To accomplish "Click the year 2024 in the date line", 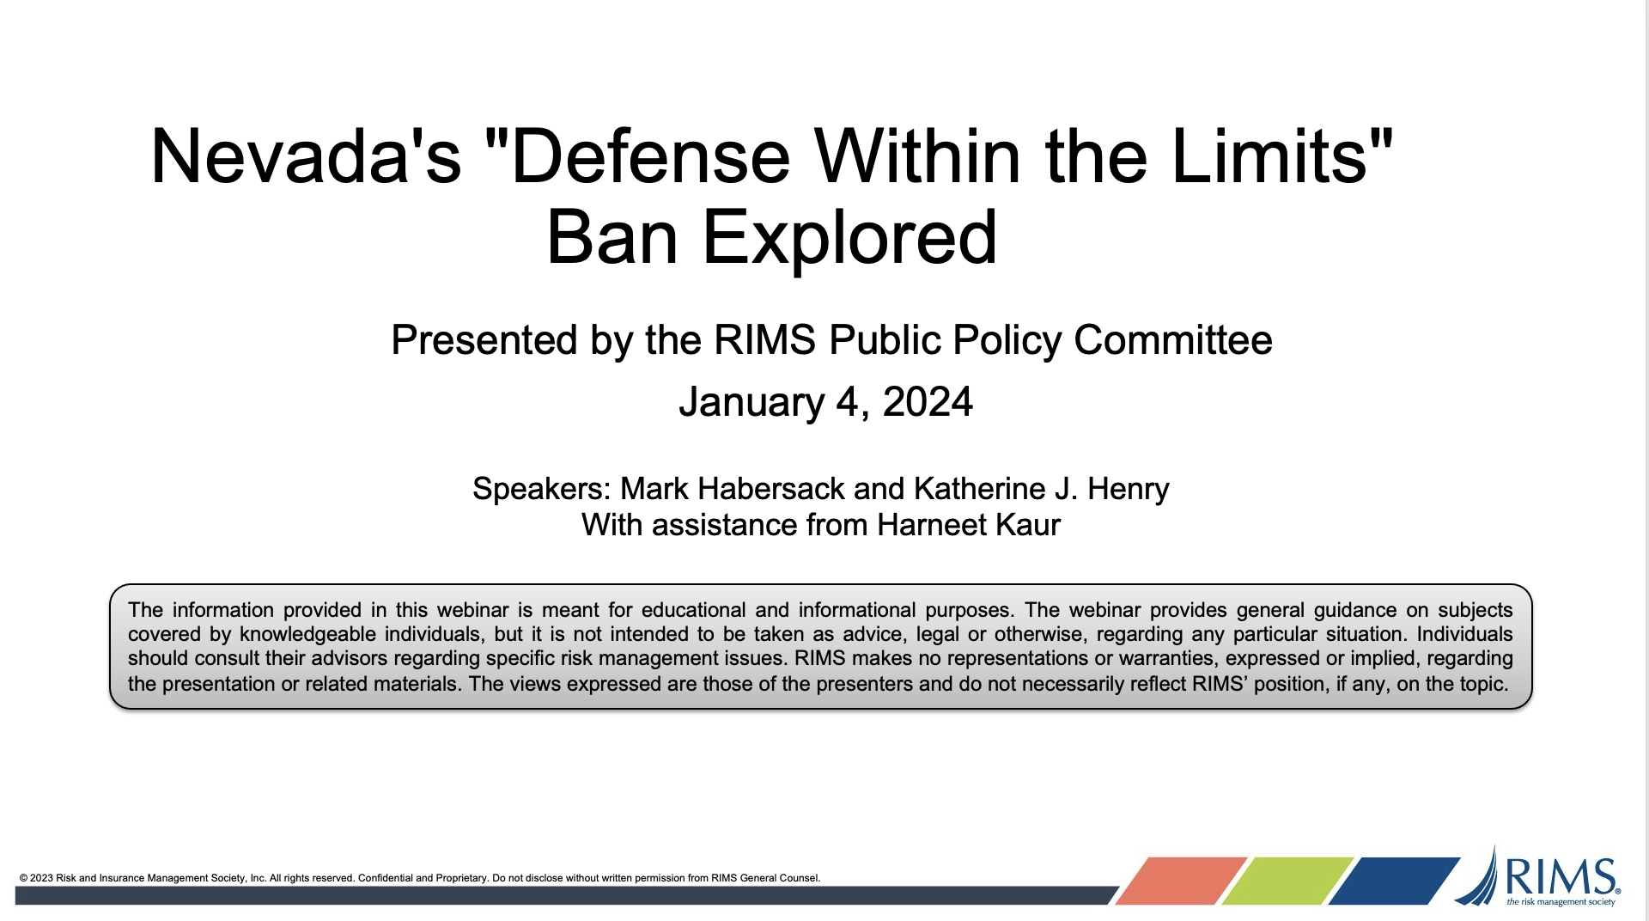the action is click(928, 401).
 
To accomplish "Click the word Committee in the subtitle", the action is click(1173, 339).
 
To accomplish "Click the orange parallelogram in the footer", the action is click(1181, 881).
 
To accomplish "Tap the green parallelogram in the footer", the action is click(1287, 881).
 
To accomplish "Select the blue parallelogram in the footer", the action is click(1394, 881).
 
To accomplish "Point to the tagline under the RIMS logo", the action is click(1561, 902).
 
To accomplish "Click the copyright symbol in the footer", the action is click(23, 878).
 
